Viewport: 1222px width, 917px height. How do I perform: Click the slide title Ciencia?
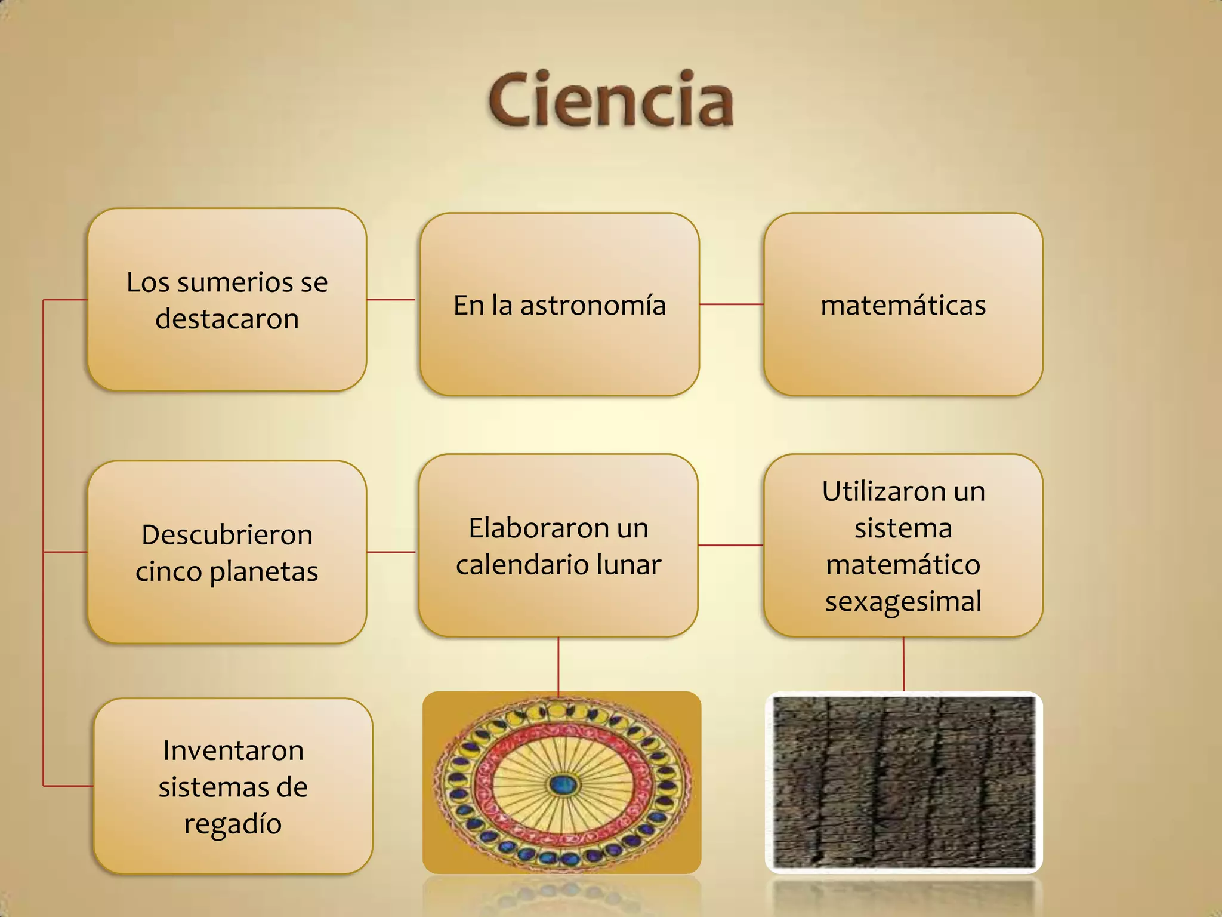(610, 99)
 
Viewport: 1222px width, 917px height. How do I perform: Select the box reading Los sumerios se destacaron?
(227, 300)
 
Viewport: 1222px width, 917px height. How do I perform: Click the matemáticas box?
(903, 305)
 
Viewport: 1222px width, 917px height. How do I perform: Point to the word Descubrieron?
(227, 534)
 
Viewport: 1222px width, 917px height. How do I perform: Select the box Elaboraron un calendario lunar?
(558, 545)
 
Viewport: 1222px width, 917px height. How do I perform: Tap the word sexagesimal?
(903, 601)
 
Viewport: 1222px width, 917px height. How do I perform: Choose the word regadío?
(233, 824)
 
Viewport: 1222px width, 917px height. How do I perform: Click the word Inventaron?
(233, 750)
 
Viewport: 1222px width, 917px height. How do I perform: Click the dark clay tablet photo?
(903, 782)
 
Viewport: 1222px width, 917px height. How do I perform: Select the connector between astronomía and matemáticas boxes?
(732, 304)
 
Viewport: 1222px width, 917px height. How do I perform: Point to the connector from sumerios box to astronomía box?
(391, 300)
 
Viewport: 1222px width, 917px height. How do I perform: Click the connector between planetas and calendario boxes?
(391, 552)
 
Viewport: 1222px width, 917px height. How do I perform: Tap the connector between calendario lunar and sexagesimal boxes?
(731, 545)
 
